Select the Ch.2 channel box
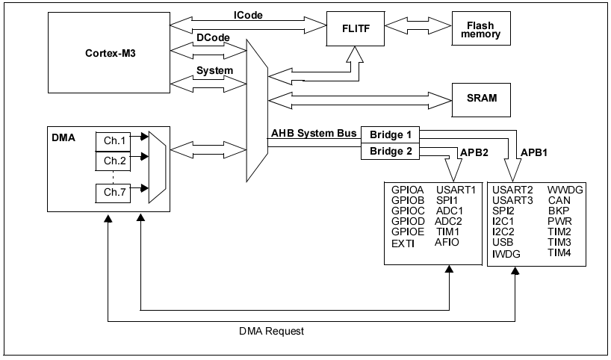point(115,161)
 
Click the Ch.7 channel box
point(115,193)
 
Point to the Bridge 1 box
point(389,135)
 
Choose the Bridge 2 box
point(389,151)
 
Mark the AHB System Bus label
point(314,134)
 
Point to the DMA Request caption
point(272,330)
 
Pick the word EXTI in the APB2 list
point(403,243)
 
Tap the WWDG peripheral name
point(565,190)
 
